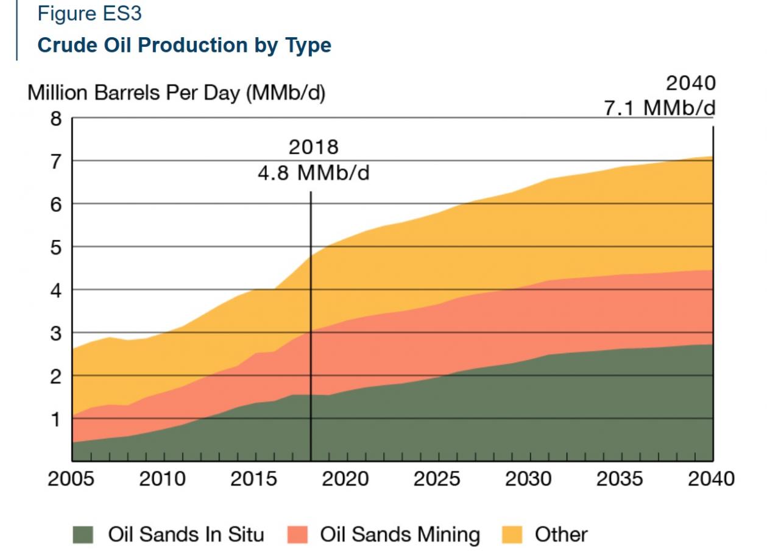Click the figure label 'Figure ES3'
point(90,14)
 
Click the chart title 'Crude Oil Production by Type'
point(184,46)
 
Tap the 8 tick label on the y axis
point(56,118)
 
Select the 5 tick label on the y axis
point(56,247)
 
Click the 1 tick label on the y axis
point(56,418)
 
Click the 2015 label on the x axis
point(253,479)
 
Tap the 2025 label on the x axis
point(437,479)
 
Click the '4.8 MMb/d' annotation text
point(313,173)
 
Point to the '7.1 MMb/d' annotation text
point(660,107)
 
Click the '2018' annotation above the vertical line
point(313,147)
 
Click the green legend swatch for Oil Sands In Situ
point(83,535)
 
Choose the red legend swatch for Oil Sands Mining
point(297,535)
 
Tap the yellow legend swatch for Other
point(512,535)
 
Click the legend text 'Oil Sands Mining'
point(400,535)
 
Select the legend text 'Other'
point(561,535)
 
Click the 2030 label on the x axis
point(528,479)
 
